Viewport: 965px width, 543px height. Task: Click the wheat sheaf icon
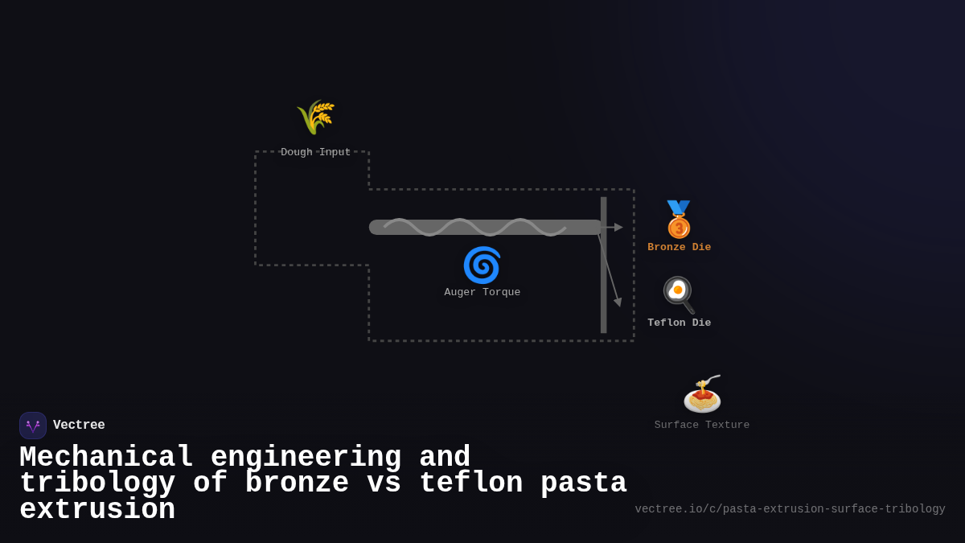click(x=315, y=117)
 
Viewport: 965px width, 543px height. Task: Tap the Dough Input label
click(x=315, y=152)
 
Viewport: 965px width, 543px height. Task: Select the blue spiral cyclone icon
click(x=482, y=265)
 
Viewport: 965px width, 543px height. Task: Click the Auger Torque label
click(x=482, y=293)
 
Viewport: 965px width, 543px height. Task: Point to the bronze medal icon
click(x=679, y=219)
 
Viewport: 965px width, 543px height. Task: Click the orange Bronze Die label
click(x=679, y=248)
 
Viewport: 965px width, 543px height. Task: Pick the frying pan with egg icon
click(x=679, y=294)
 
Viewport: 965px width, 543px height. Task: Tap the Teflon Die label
click(x=679, y=323)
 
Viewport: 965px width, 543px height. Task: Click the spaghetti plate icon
click(x=702, y=394)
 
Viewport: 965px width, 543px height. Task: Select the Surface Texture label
click(x=701, y=426)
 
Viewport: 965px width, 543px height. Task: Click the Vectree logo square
click(x=33, y=426)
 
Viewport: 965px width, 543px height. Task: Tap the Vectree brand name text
click(x=79, y=426)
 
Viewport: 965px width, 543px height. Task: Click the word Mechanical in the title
click(x=106, y=458)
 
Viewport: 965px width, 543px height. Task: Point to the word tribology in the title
click(x=97, y=483)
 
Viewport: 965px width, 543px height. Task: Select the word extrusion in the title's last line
click(x=97, y=510)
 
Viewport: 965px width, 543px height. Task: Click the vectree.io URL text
click(x=790, y=509)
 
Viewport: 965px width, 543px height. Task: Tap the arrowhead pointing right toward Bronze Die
click(x=618, y=228)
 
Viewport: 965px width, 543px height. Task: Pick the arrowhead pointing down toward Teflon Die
click(x=618, y=302)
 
